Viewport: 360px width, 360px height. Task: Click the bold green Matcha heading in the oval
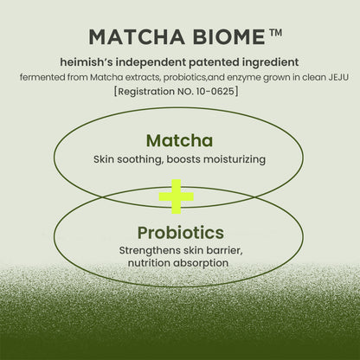(179, 140)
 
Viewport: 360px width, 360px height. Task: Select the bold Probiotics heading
(180, 232)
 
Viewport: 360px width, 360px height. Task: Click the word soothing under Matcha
(151, 159)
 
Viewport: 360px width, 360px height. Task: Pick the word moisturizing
(234, 159)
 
